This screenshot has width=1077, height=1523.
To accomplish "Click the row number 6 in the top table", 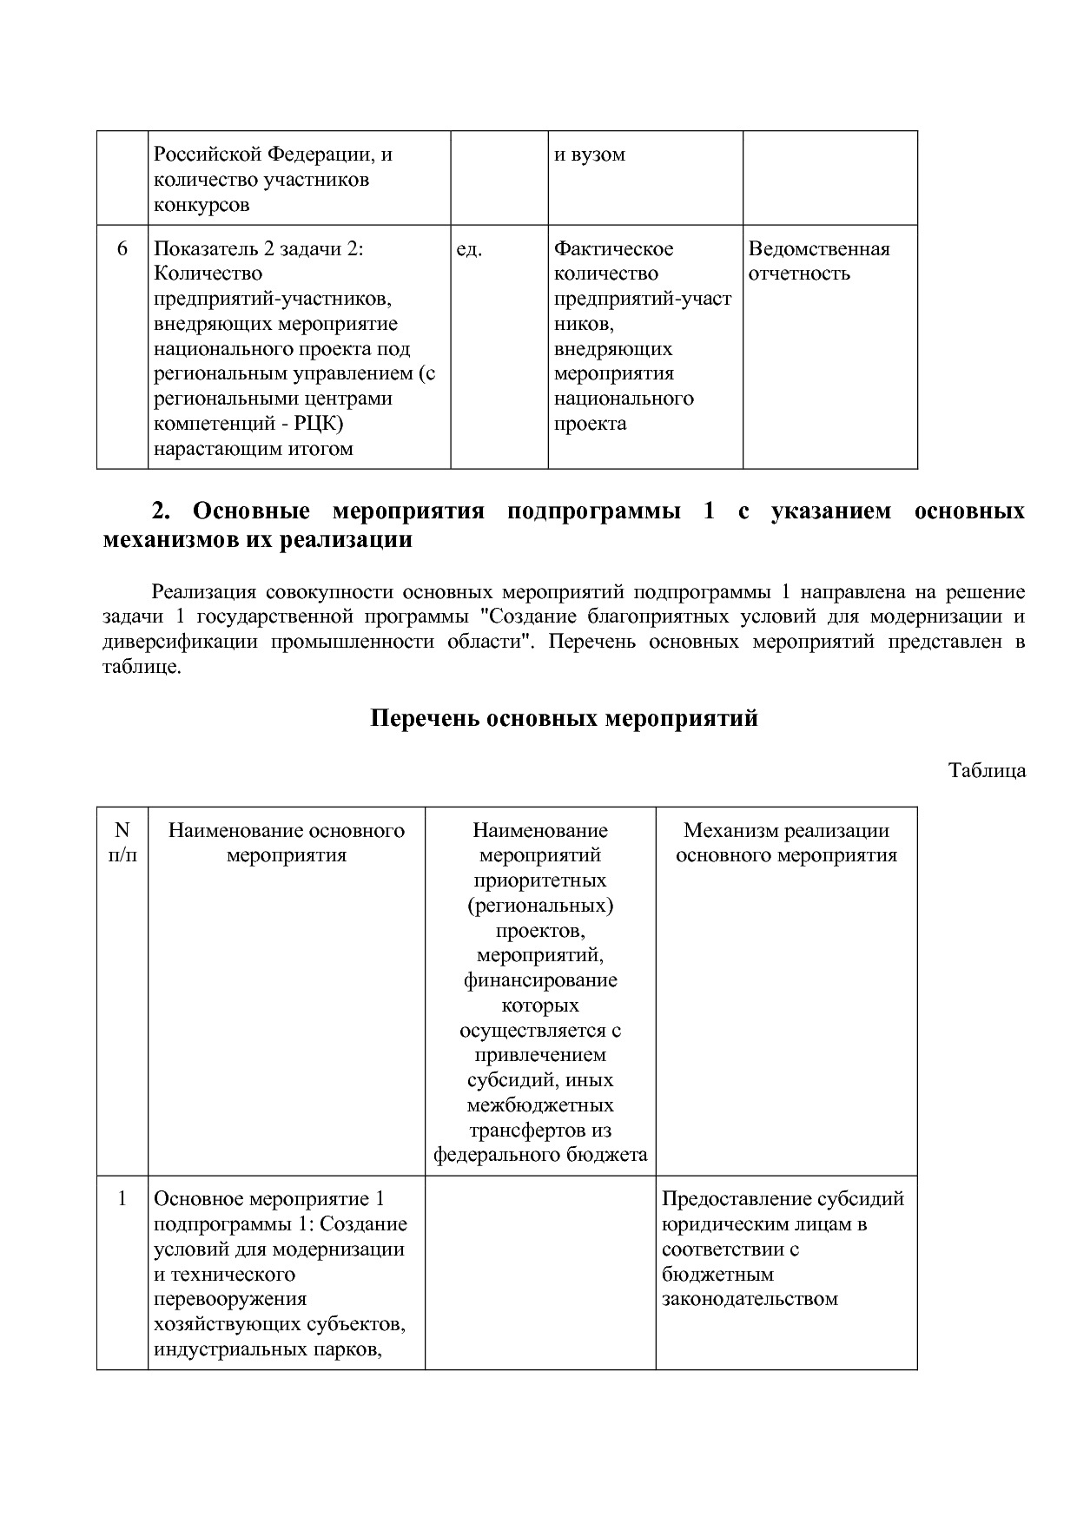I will [122, 249].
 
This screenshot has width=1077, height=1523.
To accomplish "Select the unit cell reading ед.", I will [469, 249].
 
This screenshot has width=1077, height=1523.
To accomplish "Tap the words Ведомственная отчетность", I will [818, 261].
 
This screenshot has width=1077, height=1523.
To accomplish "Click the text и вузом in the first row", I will [590, 155].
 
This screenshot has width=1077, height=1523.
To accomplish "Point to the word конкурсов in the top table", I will [202, 205].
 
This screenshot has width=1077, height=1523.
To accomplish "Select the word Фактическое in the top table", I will [613, 249].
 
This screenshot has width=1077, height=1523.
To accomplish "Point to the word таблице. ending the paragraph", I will [142, 668].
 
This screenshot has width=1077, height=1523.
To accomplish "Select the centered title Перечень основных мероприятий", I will [565, 719].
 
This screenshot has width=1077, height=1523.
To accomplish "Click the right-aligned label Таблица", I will [987, 770].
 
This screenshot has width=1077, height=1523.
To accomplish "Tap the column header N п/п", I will [122, 842].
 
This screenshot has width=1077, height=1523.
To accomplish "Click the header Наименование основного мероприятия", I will [287, 842].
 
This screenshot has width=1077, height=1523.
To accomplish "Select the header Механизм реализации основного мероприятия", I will [786, 842].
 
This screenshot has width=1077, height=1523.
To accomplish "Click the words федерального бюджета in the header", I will [540, 1155].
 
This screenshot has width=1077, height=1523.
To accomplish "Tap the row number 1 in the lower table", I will [122, 1199].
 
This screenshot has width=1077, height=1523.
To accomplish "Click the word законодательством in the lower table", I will [750, 1300].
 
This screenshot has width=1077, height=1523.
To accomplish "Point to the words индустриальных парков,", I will [268, 1350].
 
